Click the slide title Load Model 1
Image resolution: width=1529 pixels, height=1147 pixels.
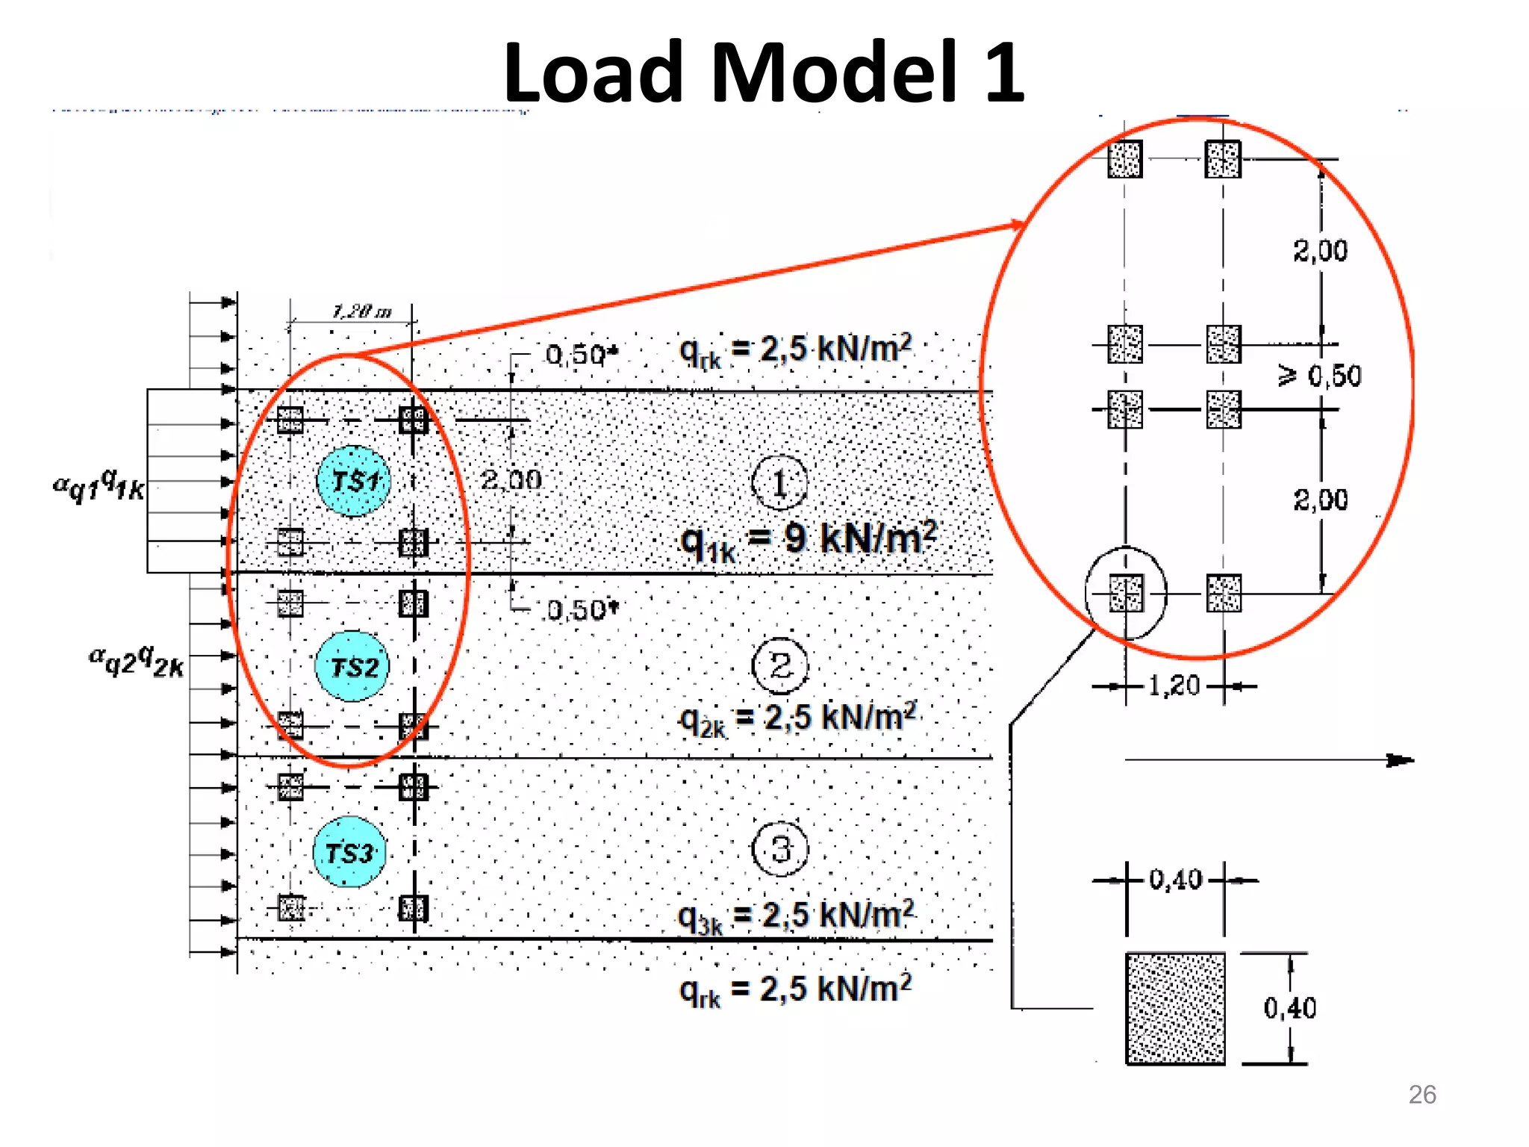pyautogui.click(x=763, y=72)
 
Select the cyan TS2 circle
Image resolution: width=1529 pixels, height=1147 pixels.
pyautogui.click(x=352, y=666)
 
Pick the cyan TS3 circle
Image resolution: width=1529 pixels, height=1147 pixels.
pyautogui.click(x=349, y=852)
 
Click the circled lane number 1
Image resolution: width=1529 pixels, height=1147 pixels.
pyautogui.click(x=779, y=483)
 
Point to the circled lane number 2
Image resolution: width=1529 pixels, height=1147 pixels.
pyautogui.click(x=779, y=665)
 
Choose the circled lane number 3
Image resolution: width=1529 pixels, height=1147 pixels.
pyautogui.click(x=780, y=849)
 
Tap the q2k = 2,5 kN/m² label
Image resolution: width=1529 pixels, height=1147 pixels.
pyautogui.click(x=797, y=719)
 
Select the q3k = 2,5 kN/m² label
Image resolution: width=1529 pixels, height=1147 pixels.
pyautogui.click(x=796, y=916)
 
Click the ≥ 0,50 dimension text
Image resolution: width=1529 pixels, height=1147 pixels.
pyautogui.click(x=1320, y=376)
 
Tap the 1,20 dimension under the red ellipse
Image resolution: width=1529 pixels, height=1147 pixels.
pyautogui.click(x=1174, y=686)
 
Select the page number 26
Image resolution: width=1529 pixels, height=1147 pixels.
pyautogui.click(x=1421, y=1095)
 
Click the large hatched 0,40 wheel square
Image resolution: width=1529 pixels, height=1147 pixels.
pyautogui.click(x=1175, y=1008)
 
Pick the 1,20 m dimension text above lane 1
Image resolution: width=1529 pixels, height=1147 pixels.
pyautogui.click(x=361, y=311)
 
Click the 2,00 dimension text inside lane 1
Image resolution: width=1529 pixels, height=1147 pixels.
pyautogui.click(x=511, y=480)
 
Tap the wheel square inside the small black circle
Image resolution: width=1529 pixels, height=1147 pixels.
pyautogui.click(x=1125, y=594)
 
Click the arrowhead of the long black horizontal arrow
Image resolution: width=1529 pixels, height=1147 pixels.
pyautogui.click(x=1401, y=760)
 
